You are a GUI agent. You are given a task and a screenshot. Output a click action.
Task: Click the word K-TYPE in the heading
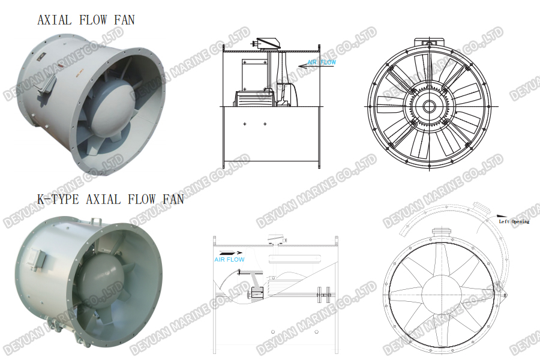click(x=58, y=199)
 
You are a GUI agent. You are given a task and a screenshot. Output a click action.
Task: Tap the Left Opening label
click(x=514, y=221)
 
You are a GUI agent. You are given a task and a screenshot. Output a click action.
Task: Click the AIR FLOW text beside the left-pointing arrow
click(x=322, y=62)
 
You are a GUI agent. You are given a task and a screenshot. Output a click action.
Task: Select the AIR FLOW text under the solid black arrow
click(x=229, y=260)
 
